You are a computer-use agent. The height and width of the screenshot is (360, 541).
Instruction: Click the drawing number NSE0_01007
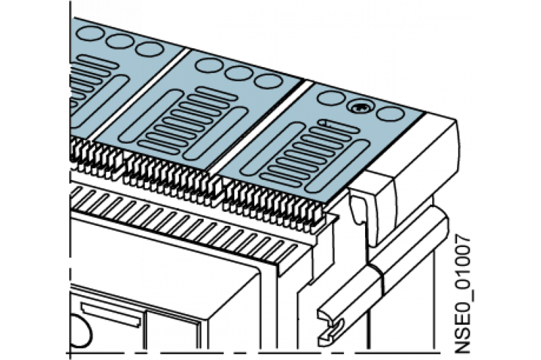[x=463, y=294]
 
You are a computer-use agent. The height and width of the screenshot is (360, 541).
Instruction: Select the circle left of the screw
[x=331, y=98]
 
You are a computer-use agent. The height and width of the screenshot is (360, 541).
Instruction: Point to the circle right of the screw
[x=391, y=114]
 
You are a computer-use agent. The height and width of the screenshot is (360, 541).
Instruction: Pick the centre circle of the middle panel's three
[x=239, y=72]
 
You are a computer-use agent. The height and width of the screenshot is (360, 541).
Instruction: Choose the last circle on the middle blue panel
[x=268, y=81]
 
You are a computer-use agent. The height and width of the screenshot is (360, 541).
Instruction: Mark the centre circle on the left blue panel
[x=120, y=42]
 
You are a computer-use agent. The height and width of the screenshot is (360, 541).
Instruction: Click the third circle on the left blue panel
[x=149, y=49]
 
